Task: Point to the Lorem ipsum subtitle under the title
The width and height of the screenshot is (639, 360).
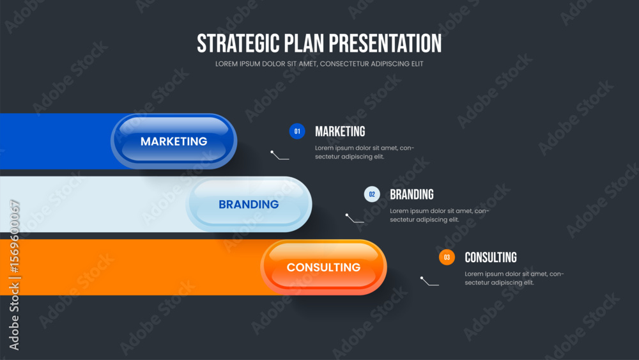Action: point(319,64)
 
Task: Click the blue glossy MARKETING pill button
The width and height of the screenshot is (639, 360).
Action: point(174,141)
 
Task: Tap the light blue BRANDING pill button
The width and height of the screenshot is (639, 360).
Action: point(249,204)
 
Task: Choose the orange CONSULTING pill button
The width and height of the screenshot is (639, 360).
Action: point(323,267)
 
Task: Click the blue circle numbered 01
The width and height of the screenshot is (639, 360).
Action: point(297,131)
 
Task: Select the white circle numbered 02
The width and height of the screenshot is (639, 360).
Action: point(372,194)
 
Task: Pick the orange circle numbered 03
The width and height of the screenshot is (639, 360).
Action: point(447,257)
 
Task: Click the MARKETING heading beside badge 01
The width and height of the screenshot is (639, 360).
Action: point(340,131)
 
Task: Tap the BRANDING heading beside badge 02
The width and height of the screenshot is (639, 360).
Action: point(412,194)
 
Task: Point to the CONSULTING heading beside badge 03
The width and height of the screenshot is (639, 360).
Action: point(491,257)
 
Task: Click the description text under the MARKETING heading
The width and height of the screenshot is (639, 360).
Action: point(364,152)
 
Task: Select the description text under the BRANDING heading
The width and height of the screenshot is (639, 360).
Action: point(440,215)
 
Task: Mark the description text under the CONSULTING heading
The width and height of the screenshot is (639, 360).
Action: point(514,278)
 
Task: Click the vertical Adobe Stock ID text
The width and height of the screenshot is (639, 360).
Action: point(14,275)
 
